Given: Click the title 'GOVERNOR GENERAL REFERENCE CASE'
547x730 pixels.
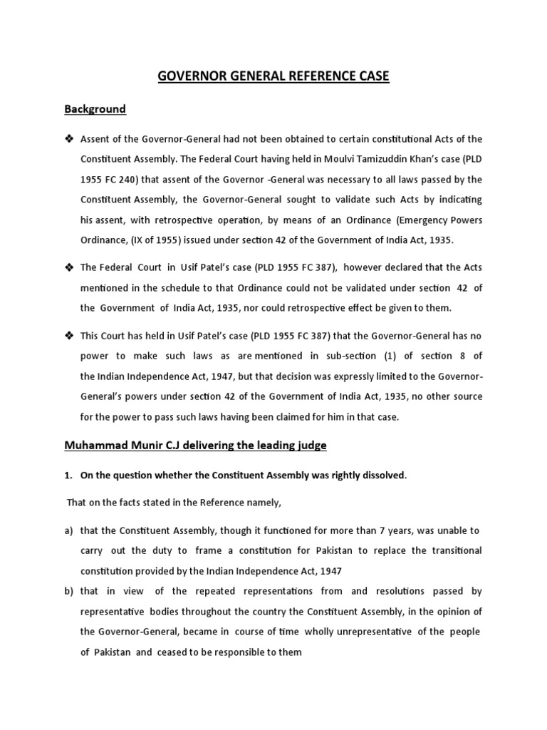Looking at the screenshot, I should point(273,76).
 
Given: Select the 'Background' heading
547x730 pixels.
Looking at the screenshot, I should point(95,109).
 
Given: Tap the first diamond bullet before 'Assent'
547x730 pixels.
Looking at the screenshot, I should point(70,138).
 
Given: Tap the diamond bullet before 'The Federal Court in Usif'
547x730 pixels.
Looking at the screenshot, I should point(70,267).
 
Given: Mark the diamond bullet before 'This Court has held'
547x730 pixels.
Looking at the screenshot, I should point(70,335).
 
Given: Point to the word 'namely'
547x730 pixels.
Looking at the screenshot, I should point(263,503).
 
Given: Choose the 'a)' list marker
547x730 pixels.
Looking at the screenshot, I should point(69,531).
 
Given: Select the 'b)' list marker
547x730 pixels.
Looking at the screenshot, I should point(69,591).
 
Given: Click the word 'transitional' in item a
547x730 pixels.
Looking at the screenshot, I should point(453,551).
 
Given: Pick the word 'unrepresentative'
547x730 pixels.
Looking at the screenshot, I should point(389,632).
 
